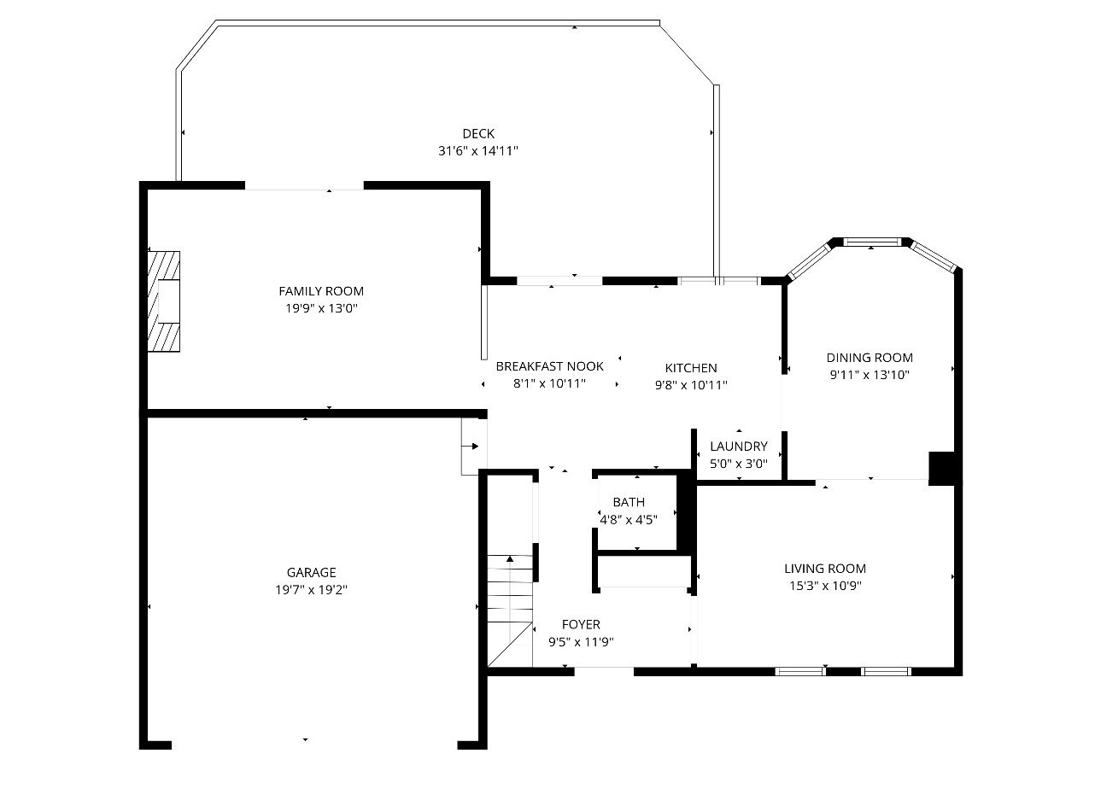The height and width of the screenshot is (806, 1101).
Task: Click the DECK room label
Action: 478,133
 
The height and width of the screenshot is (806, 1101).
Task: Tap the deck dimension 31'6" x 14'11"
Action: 478,151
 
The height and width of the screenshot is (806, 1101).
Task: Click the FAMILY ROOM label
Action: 321,291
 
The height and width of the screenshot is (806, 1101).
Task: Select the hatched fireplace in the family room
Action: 163,301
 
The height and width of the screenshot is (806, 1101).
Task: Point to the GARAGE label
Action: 311,573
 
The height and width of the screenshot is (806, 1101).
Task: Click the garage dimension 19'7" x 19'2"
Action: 311,590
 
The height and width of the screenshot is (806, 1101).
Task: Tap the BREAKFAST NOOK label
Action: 549,366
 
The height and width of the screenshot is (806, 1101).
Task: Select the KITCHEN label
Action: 691,368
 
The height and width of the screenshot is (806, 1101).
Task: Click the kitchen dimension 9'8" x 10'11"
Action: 691,385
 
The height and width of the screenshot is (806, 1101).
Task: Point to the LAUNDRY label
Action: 739,446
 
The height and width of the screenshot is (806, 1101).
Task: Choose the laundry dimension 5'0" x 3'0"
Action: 739,464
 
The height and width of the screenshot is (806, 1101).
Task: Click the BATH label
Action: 629,502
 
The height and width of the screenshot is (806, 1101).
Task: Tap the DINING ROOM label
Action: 870,358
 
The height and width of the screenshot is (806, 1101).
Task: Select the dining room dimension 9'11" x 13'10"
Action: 870,375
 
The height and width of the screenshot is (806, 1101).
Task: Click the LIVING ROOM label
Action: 825,569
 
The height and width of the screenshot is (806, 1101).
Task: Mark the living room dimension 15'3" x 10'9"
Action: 825,586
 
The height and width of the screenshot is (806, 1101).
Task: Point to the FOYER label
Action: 581,625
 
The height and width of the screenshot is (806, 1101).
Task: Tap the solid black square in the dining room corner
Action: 940,468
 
